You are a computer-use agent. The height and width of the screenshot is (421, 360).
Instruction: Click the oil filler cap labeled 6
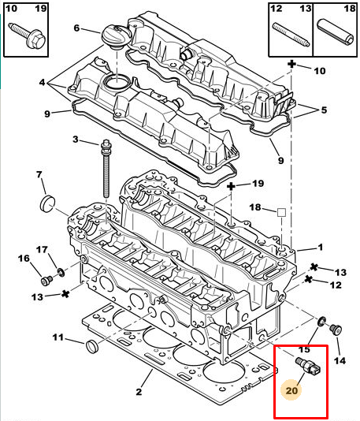(116, 37)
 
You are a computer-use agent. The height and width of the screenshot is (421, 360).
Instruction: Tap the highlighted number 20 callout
(292, 389)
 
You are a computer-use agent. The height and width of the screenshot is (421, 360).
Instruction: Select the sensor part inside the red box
(308, 366)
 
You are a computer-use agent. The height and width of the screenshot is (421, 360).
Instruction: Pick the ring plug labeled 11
(92, 346)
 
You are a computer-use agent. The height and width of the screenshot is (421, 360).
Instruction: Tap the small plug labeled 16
(47, 281)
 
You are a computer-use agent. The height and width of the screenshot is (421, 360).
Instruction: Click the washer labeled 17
(61, 272)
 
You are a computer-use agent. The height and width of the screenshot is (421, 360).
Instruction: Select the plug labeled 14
(336, 330)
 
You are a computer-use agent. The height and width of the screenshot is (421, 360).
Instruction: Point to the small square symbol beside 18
(281, 212)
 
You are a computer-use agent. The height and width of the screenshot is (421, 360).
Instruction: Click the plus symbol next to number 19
(231, 186)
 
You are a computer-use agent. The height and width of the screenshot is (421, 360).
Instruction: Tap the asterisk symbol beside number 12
(309, 279)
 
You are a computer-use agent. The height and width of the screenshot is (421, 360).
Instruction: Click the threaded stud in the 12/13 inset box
(291, 35)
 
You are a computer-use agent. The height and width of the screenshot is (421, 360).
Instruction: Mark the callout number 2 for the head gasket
(139, 392)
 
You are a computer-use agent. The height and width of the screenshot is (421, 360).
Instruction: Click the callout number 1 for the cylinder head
(321, 247)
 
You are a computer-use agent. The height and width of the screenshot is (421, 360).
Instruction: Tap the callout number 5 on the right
(324, 110)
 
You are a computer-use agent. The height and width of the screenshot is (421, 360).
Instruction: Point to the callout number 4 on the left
(42, 82)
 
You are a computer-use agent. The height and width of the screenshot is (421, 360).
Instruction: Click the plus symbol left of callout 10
(291, 65)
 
